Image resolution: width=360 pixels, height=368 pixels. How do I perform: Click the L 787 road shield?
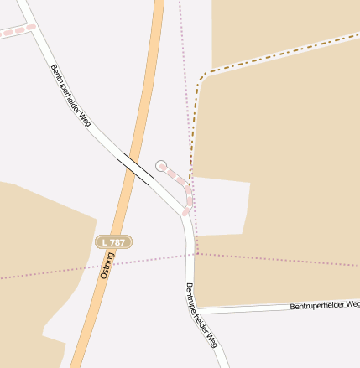[x=113, y=241]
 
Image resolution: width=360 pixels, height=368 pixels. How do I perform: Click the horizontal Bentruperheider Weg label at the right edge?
[x=324, y=305]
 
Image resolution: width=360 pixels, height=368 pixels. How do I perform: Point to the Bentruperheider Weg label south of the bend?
[x=201, y=315]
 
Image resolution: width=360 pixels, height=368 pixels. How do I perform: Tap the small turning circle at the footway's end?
[x=161, y=166]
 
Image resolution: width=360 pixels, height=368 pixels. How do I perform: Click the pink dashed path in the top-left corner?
[x=17, y=31]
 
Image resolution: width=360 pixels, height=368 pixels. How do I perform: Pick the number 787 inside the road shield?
[x=117, y=241]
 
